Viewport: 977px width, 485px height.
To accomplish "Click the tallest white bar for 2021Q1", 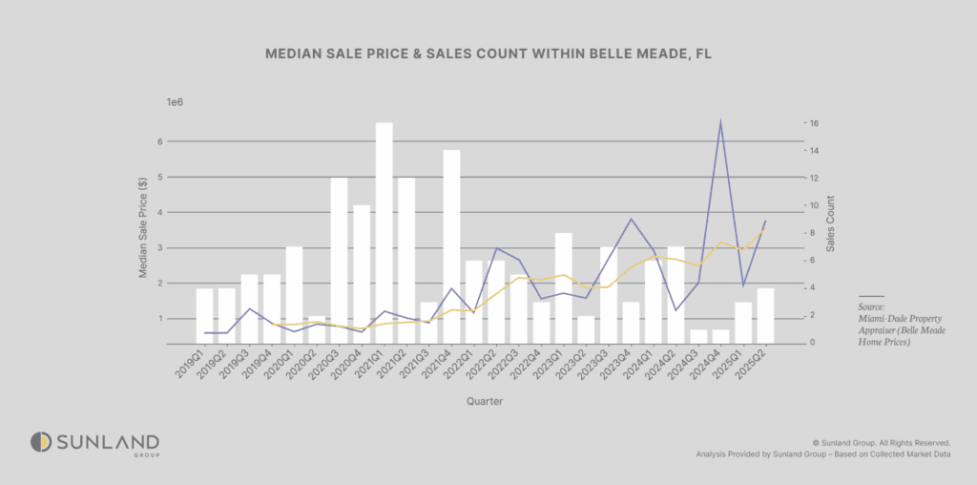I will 385,233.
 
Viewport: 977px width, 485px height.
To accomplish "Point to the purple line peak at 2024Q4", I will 720,121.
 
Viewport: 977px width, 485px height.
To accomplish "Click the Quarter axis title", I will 485,402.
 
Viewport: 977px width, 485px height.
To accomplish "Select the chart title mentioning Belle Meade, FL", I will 488,55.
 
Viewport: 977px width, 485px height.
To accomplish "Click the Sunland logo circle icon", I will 40,442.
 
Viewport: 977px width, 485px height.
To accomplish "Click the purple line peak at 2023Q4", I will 631,219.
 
